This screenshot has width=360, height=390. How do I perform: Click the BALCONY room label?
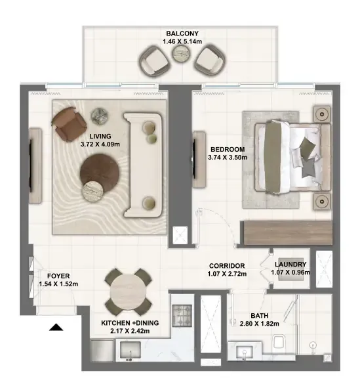click(x=182, y=33)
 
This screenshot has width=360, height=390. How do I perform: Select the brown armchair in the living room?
click(x=69, y=124)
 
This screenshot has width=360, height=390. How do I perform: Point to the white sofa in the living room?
click(x=143, y=165)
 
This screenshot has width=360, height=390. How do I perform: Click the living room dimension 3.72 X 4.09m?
click(x=100, y=144)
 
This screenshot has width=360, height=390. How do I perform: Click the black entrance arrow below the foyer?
click(x=56, y=328)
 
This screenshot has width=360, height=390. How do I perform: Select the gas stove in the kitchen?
click(x=182, y=316)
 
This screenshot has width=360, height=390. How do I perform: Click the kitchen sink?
click(x=130, y=350)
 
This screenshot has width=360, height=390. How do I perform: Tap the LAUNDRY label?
click(x=290, y=265)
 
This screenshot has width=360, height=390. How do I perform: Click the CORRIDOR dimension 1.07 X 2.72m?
click(x=227, y=274)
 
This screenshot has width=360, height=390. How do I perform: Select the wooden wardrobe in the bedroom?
click(x=289, y=232)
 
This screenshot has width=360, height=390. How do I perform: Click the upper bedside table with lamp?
click(x=322, y=114)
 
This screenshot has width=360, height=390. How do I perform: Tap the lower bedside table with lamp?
click(x=322, y=201)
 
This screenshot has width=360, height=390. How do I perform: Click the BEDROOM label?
click(x=228, y=150)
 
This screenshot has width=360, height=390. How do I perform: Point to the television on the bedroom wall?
click(x=194, y=159)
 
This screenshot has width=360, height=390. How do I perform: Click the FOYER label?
click(x=58, y=276)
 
